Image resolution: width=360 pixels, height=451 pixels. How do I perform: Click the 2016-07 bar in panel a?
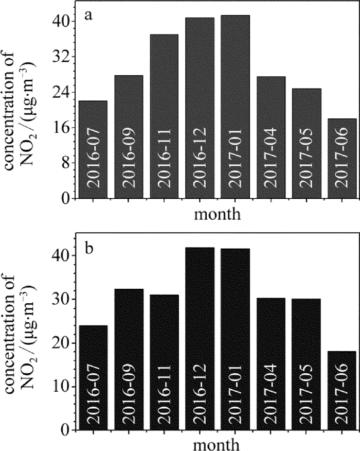click(93, 149)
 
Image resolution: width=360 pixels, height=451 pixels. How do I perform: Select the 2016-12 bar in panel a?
click(200, 108)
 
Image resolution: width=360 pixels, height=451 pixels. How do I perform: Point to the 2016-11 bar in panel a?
click(164, 116)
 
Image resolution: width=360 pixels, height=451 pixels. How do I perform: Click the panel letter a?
click(88, 15)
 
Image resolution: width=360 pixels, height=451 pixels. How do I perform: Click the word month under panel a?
click(218, 213)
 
